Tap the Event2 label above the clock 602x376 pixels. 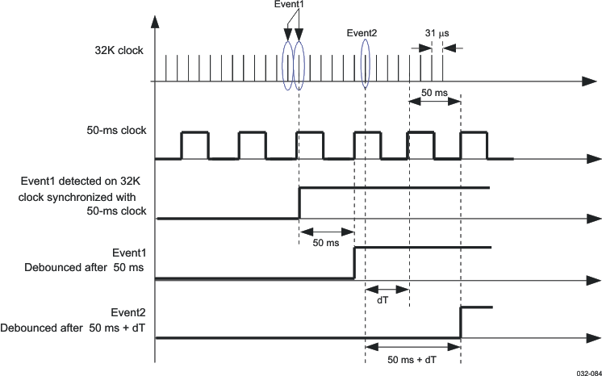point(362,33)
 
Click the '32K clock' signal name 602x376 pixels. point(119,51)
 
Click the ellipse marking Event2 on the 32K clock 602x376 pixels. point(366,62)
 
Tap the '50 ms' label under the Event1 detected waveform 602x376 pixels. point(325,243)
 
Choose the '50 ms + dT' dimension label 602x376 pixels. point(412,359)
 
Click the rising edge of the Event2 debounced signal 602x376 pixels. point(461,322)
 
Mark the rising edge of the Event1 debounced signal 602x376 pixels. point(354,263)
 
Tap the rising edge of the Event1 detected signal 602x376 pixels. point(299,203)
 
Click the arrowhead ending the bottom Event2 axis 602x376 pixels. point(595,338)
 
